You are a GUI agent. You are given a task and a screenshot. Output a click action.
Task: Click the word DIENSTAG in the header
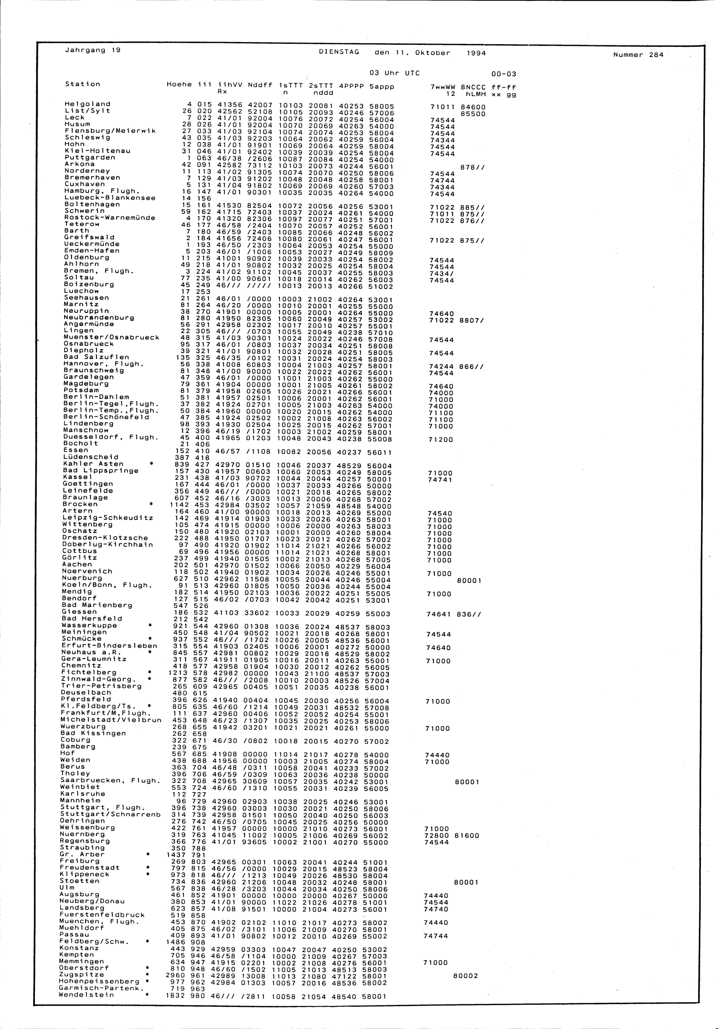(x=339, y=52)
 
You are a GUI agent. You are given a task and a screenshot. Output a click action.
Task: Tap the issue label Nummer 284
(x=638, y=55)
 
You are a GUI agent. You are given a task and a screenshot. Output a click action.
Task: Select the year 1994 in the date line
(x=476, y=53)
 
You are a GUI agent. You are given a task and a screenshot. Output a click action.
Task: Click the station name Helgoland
(x=87, y=104)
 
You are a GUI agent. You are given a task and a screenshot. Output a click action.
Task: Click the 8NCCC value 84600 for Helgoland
(x=473, y=107)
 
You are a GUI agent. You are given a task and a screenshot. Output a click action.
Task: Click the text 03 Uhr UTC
(x=394, y=73)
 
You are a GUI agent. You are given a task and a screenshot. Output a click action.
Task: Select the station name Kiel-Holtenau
(x=97, y=151)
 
